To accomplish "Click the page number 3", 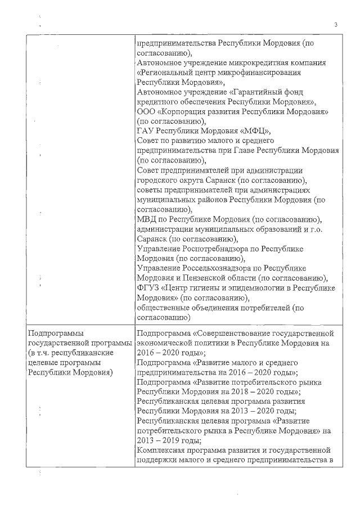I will tap(335, 25).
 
